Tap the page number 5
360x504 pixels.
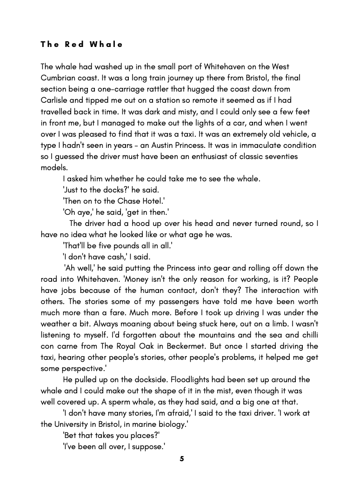click(x=182, y=459)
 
